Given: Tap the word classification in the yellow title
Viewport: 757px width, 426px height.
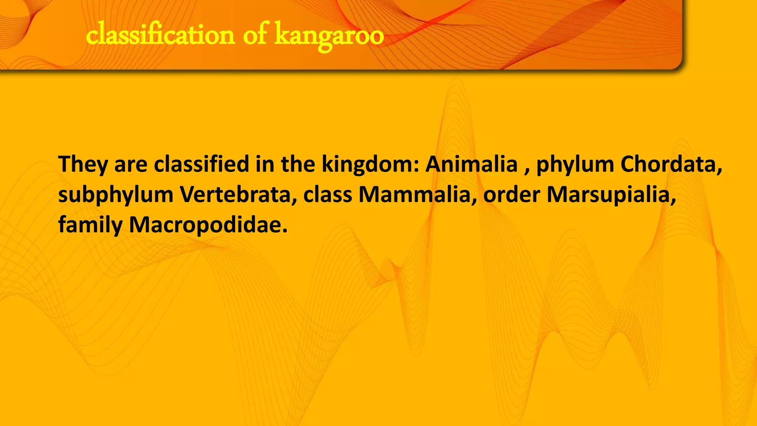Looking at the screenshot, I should tap(160, 35).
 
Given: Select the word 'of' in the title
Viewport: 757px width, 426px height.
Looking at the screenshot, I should tap(255, 35).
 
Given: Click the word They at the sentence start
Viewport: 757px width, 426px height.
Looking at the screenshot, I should tap(83, 164).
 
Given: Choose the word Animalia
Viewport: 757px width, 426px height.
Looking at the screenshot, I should tap(471, 164).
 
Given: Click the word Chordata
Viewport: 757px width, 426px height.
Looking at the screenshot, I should tap(671, 164).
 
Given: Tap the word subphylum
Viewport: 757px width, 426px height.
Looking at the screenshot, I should tap(116, 195).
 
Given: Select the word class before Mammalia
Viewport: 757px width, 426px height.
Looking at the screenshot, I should tap(327, 195).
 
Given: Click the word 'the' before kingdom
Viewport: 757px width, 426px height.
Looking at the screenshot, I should tap(298, 164).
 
